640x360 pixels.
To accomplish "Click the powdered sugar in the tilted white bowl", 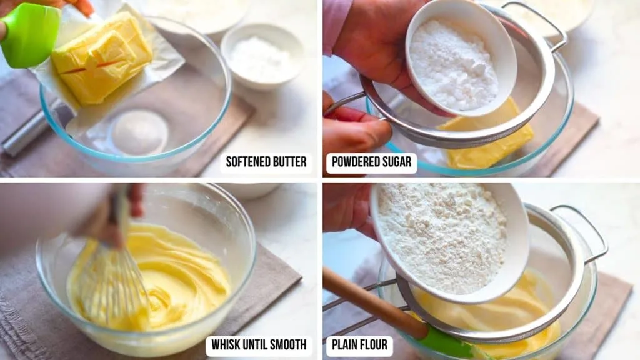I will pyautogui.click(x=454, y=66).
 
